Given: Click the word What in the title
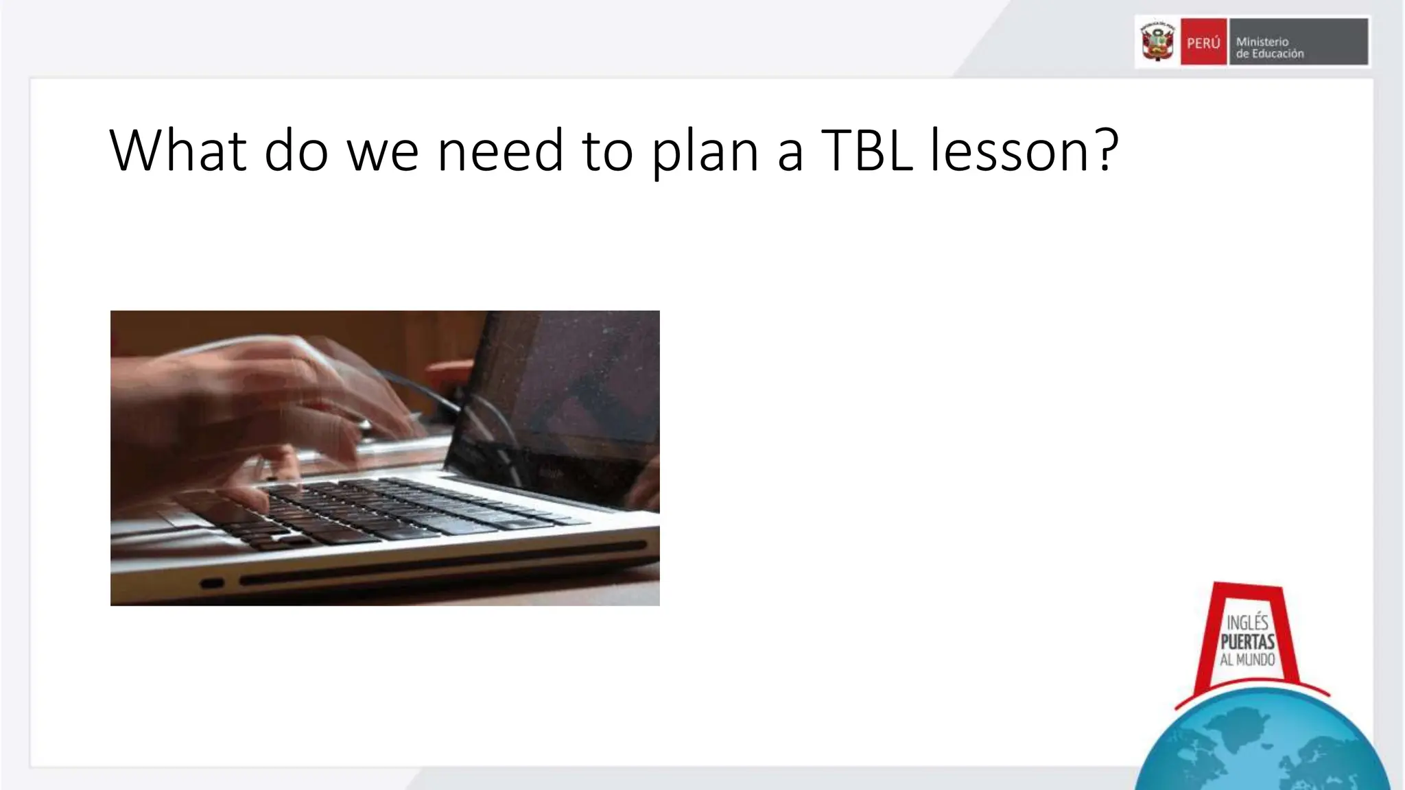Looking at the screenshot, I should [x=178, y=150].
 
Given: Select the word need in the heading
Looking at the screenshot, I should [x=500, y=150].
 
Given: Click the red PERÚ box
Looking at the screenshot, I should [x=1203, y=43].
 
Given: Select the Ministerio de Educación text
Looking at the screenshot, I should [x=1269, y=47].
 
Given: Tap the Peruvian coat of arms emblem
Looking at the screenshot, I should [x=1157, y=42].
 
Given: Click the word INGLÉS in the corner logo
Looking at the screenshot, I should [x=1247, y=623].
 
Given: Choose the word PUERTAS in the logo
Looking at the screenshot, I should [x=1247, y=642].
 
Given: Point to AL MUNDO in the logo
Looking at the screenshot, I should [x=1247, y=660].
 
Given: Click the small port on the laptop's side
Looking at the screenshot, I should [x=212, y=584].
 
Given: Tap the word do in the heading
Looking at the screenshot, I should [x=296, y=150].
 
